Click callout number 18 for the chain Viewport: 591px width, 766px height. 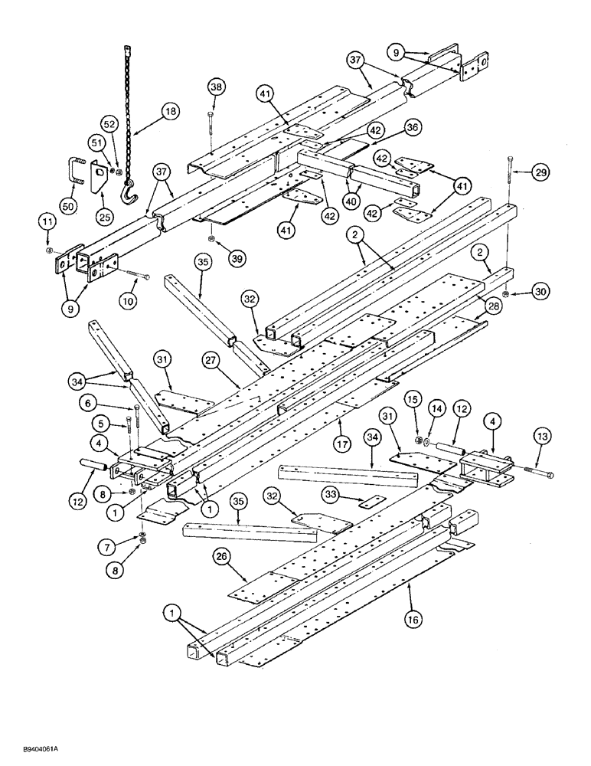pos(168,111)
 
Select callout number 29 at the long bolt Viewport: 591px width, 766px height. pos(540,175)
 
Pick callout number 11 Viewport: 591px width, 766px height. pos(48,223)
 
